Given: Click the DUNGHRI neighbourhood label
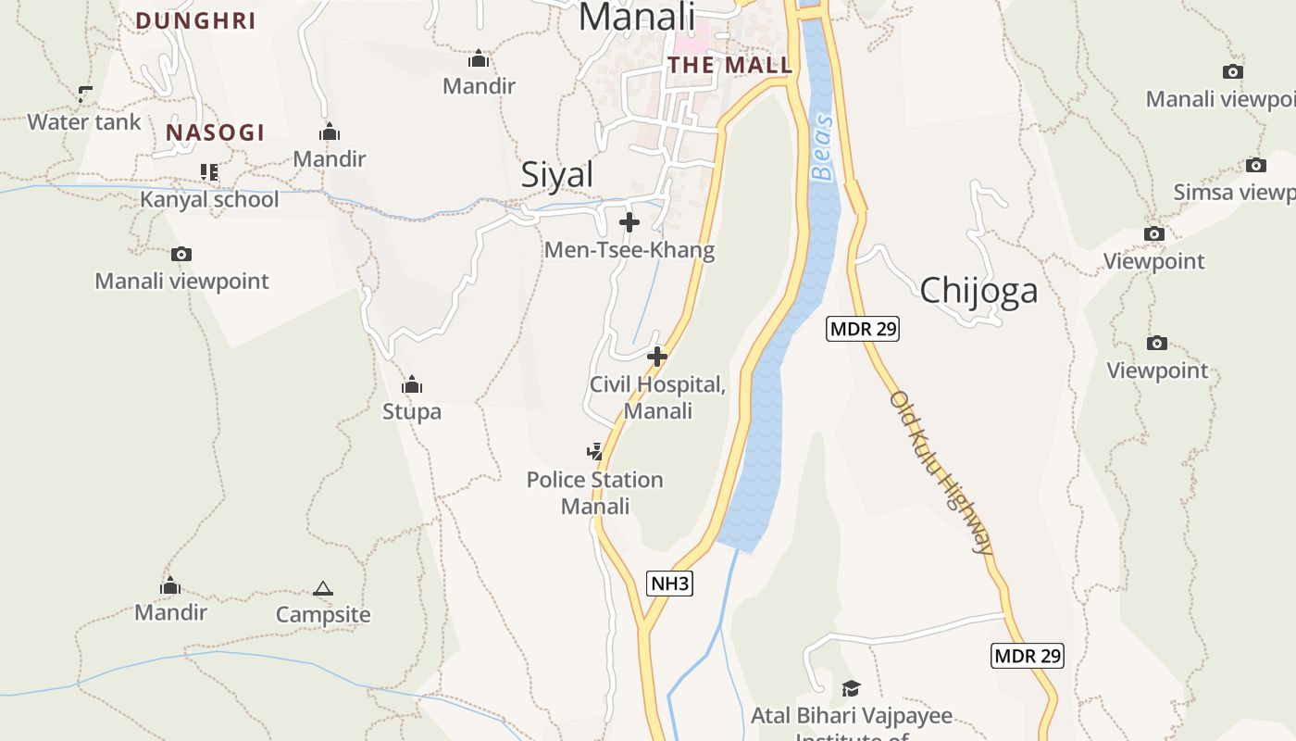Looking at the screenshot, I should pyautogui.click(x=195, y=20).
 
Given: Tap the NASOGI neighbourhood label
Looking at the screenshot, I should pyautogui.click(x=216, y=132).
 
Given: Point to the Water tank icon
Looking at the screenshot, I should pyautogui.click(x=85, y=94).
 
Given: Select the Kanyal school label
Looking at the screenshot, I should pyautogui.click(x=209, y=199).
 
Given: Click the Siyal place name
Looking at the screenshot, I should pyautogui.click(x=556, y=174).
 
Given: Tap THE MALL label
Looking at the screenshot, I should pyautogui.click(x=730, y=65).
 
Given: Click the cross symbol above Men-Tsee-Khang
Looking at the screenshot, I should pyautogui.click(x=629, y=222).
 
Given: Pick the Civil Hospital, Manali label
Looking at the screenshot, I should pyautogui.click(x=657, y=397).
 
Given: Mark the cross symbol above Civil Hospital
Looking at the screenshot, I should pyautogui.click(x=657, y=356).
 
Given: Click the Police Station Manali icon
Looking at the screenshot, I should pyautogui.click(x=595, y=452).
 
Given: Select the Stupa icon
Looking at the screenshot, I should pyautogui.click(x=412, y=384).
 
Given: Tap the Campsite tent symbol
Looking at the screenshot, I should pyautogui.click(x=322, y=588).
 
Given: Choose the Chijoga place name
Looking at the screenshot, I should pyautogui.click(x=978, y=291).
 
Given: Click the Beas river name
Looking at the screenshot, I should pyautogui.click(x=822, y=148).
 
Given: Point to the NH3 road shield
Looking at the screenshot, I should pyautogui.click(x=669, y=583).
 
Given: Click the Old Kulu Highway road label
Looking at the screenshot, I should pyautogui.click(x=941, y=472).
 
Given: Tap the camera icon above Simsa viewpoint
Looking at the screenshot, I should pyautogui.click(x=1255, y=166).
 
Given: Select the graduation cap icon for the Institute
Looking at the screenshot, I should pyautogui.click(x=851, y=688).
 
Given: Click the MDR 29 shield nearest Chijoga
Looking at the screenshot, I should pyautogui.click(x=863, y=328).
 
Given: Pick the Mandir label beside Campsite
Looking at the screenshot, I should pyautogui.click(x=171, y=612).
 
